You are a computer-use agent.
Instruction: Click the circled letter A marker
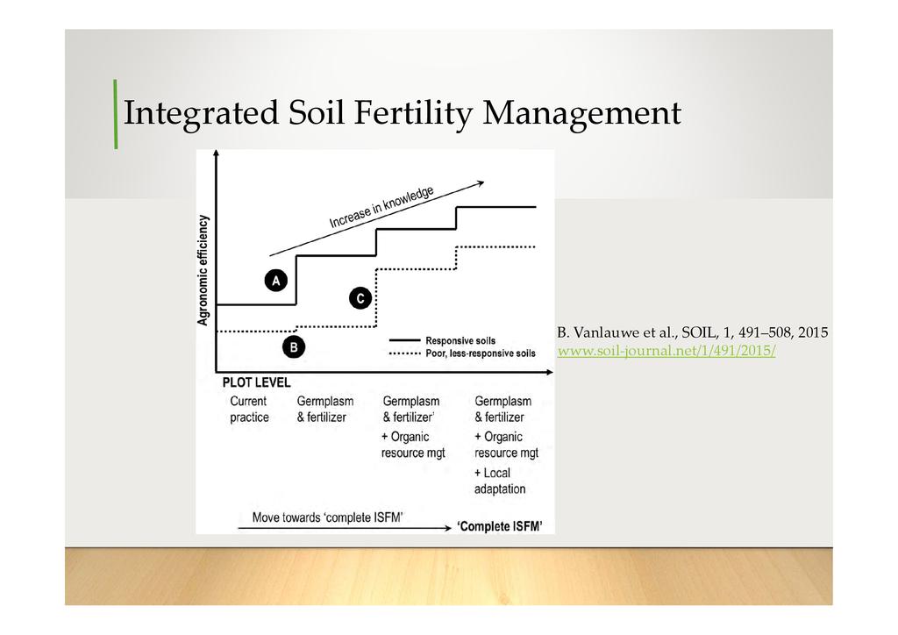(x=276, y=281)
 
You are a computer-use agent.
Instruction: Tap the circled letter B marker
(x=294, y=347)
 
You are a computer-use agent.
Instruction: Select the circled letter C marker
(x=360, y=298)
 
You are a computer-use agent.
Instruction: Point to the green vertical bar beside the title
(x=116, y=114)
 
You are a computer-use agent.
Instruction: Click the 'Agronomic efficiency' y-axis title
(x=203, y=270)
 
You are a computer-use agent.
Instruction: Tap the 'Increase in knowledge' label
(x=381, y=207)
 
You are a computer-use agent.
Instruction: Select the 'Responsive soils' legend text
(x=460, y=340)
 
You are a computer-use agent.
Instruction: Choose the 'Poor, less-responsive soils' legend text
(x=481, y=353)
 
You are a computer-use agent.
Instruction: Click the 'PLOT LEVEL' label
(x=256, y=382)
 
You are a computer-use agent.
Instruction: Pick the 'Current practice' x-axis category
(x=249, y=409)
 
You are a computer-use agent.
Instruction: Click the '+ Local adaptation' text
(x=499, y=481)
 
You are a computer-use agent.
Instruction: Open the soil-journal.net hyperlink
(x=666, y=351)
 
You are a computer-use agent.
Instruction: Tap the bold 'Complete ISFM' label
(x=500, y=526)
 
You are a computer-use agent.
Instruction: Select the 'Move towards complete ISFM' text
(x=328, y=517)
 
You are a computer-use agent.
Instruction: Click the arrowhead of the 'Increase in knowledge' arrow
(x=481, y=183)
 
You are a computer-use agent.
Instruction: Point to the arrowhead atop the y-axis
(x=216, y=153)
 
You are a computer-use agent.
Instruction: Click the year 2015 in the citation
(x=813, y=332)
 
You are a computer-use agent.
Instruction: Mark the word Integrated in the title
(x=201, y=114)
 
